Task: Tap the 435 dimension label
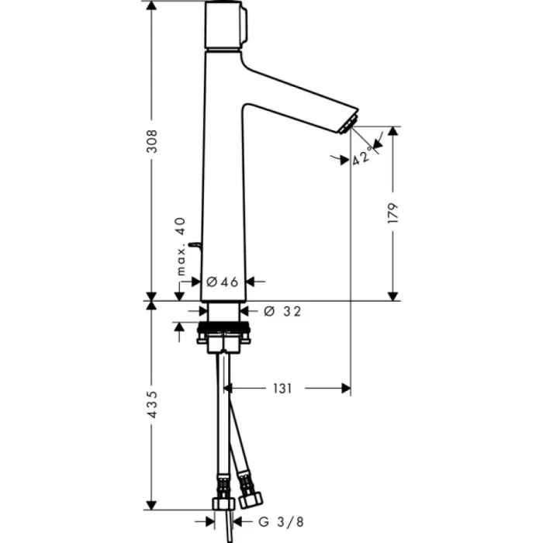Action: click(x=153, y=404)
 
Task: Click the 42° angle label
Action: click(x=362, y=158)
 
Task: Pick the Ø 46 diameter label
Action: click(x=224, y=282)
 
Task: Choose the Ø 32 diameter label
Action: click(x=282, y=311)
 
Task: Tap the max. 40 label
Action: click(x=181, y=247)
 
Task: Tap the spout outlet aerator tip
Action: click(x=347, y=123)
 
